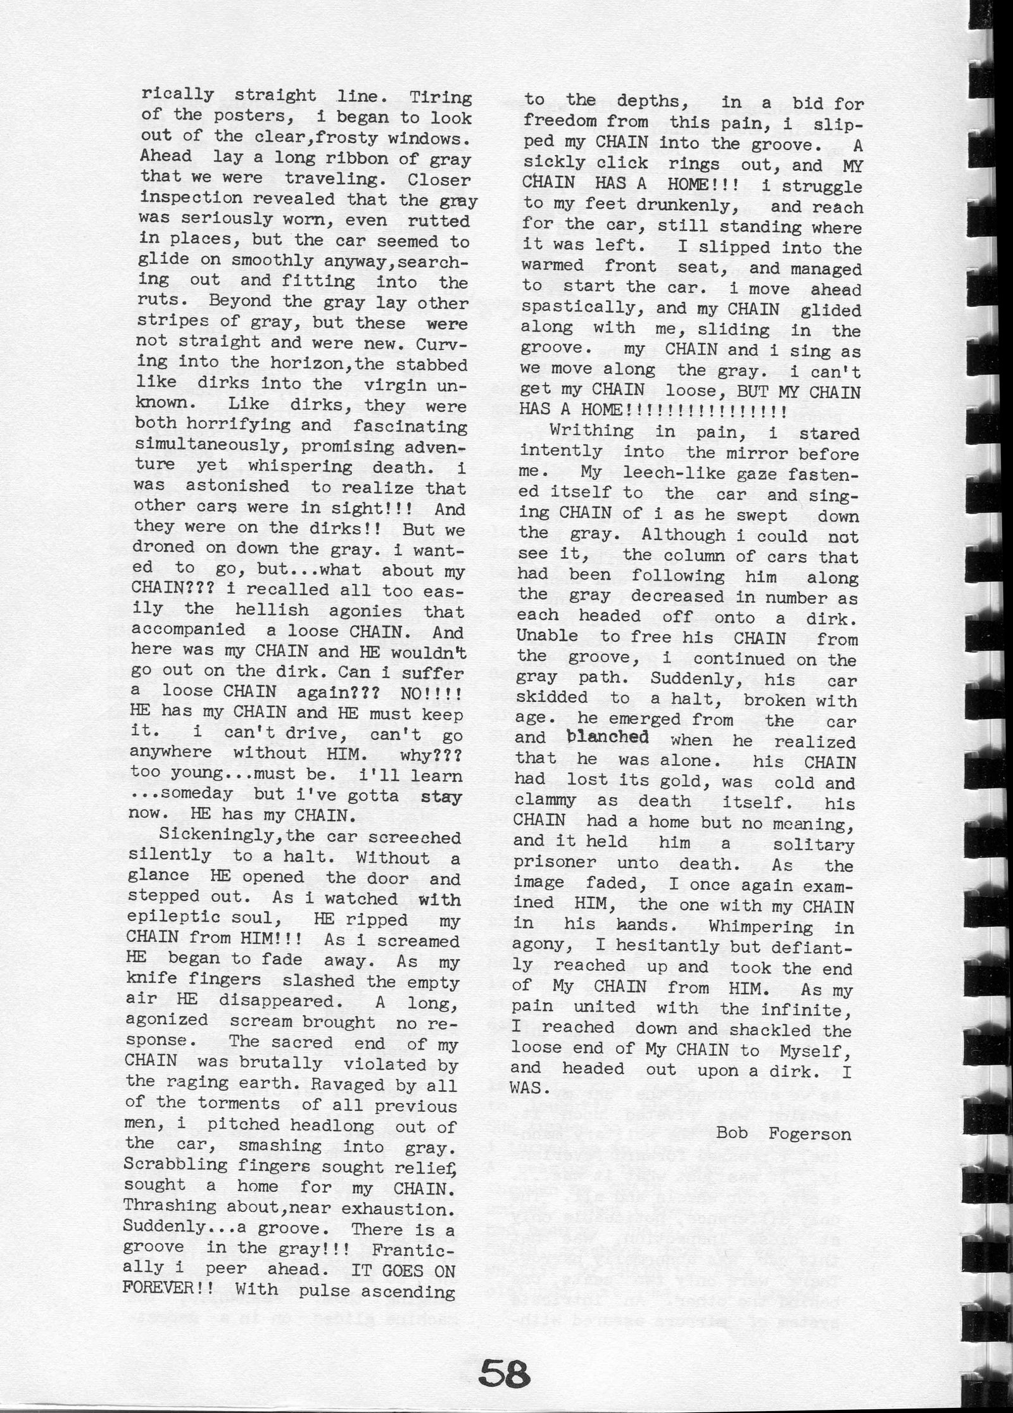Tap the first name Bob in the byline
(x=732, y=1133)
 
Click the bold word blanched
(x=608, y=738)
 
